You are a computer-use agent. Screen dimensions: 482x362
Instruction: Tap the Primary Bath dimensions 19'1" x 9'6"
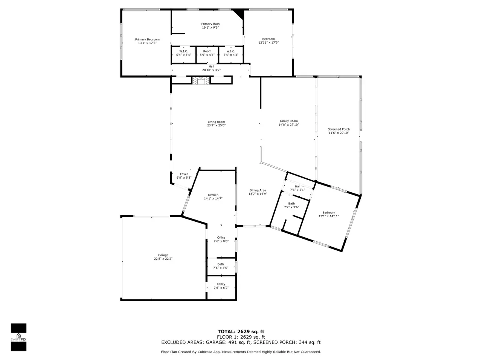pos(210,28)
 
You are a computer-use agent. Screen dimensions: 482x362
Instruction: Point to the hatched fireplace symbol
pos(201,81)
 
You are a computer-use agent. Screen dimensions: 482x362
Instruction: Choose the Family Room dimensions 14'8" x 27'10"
pos(289,124)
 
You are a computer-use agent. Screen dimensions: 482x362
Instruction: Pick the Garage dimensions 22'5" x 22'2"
pos(163,259)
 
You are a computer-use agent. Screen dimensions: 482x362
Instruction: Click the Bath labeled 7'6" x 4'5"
pos(221,266)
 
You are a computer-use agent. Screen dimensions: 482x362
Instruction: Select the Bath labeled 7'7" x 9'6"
pos(291,205)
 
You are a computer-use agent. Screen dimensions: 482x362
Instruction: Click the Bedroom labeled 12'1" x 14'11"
pos(329,214)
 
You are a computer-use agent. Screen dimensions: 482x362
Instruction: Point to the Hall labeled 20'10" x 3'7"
pos(211,68)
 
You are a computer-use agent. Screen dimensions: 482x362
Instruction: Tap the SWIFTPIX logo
pos(19,337)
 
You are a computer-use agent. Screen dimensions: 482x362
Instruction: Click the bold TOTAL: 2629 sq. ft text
pos(241,331)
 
